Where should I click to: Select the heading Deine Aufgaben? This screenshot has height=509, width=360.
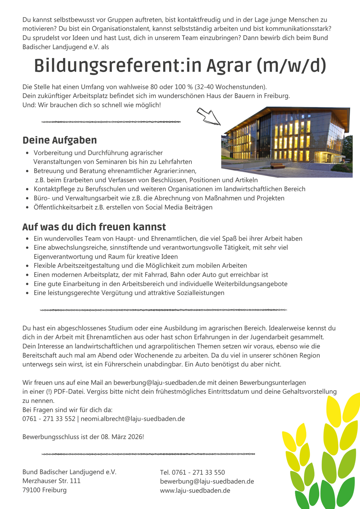[x=60, y=140]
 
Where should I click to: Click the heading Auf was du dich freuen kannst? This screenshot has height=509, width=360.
[x=94, y=227]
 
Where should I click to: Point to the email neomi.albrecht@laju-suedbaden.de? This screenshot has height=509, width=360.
[x=133, y=419]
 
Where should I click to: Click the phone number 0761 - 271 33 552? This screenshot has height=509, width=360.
[x=49, y=419]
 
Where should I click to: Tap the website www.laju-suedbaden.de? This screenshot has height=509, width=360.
[x=195, y=490]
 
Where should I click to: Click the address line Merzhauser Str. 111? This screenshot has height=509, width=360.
[x=52, y=481]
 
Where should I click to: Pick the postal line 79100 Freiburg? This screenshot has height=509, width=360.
[x=44, y=490]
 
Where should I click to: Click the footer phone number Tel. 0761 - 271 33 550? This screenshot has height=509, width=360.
[x=192, y=472]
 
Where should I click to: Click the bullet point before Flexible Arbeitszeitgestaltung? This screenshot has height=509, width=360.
[x=27, y=266]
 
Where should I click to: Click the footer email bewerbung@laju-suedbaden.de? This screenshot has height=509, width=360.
[x=207, y=482]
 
